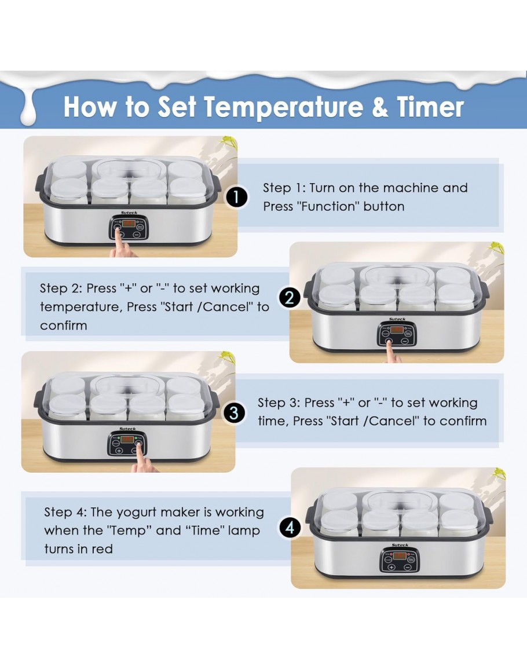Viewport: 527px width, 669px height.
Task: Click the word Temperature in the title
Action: (x=284, y=108)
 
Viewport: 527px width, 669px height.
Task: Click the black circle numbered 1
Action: (x=236, y=197)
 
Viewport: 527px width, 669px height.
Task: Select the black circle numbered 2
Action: (x=290, y=298)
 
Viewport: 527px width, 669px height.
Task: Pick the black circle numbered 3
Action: (x=234, y=413)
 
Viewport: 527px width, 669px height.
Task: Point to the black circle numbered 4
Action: (x=290, y=528)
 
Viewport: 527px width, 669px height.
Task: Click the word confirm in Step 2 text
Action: (x=64, y=326)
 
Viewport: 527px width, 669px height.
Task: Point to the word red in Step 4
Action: (x=103, y=549)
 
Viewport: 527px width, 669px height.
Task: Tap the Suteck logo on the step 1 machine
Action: (x=129, y=213)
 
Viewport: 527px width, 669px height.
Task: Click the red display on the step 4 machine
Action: (x=400, y=556)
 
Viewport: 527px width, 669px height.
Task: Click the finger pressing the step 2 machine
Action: (x=390, y=352)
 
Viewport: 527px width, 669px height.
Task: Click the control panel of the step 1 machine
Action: (x=129, y=228)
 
